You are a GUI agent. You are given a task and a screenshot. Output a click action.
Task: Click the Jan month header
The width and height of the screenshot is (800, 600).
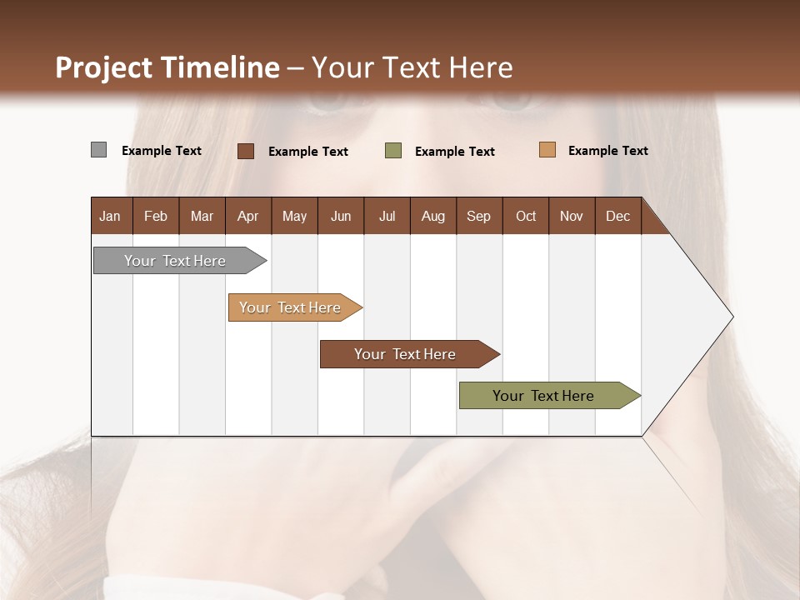click(110, 216)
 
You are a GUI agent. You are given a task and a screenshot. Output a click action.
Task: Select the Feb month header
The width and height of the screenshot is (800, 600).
click(156, 216)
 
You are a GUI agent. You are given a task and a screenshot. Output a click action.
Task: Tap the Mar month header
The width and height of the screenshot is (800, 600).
click(202, 216)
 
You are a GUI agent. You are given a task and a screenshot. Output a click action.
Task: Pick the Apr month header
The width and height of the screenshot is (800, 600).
click(248, 216)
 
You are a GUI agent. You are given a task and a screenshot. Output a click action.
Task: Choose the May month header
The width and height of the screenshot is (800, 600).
click(294, 216)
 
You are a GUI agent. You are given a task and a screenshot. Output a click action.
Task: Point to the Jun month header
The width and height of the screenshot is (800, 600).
click(341, 216)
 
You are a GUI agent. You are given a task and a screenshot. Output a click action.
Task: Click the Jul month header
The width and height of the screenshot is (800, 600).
click(387, 216)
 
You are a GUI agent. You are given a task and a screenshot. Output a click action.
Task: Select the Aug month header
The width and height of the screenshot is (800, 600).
click(433, 216)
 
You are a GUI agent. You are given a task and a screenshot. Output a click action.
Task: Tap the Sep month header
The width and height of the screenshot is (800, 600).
click(479, 216)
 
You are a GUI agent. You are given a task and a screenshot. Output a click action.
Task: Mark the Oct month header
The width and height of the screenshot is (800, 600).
click(526, 216)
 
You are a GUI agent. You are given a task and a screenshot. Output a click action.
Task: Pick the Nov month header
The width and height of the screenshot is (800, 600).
click(572, 216)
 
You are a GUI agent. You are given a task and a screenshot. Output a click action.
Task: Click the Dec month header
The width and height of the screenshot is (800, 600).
click(618, 216)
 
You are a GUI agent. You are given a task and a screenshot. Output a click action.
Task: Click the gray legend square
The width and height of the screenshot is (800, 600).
click(98, 150)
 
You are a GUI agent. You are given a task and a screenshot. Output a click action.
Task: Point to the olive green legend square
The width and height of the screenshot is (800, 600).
click(393, 151)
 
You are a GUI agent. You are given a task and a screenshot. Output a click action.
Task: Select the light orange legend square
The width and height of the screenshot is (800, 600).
click(547, 150)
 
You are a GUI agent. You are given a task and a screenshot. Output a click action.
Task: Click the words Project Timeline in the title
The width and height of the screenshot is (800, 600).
click(167, 67)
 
